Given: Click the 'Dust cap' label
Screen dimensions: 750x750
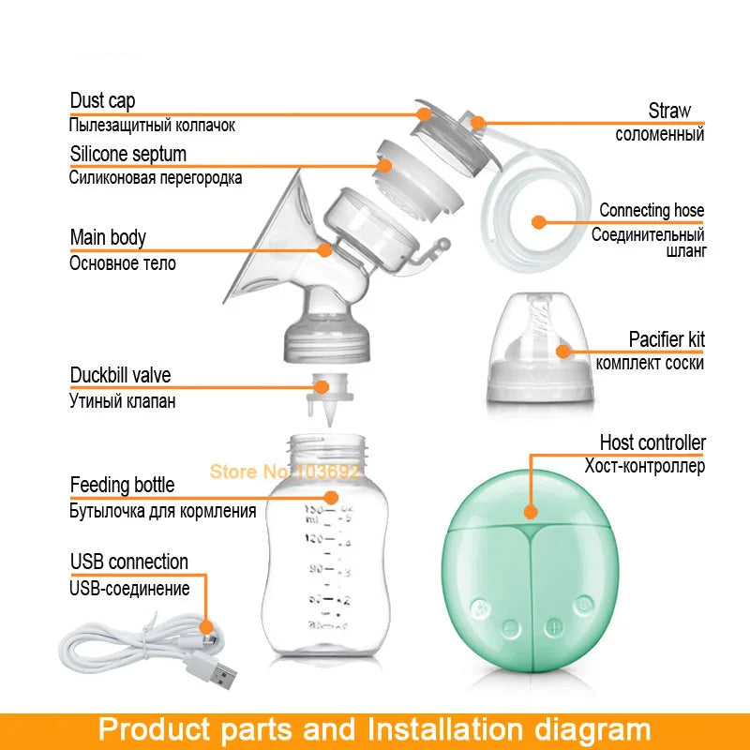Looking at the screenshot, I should (102, 101).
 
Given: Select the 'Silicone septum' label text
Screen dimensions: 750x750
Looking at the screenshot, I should (128, 154).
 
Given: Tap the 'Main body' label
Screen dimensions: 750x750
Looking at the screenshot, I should (108, 238).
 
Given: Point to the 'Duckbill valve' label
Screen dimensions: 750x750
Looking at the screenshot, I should (120, 376).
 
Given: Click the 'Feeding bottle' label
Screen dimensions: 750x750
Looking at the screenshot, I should (122, 485).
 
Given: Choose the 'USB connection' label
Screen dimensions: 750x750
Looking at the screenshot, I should (128, 562).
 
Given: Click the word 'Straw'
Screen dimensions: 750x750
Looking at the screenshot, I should (669, 111).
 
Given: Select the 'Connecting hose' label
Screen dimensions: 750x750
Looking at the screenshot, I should (652, 210).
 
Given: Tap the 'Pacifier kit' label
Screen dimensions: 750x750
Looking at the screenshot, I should (667, 339).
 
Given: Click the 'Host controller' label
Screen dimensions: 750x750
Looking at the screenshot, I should (652, 442).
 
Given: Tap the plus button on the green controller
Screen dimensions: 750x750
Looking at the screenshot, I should (554, 626).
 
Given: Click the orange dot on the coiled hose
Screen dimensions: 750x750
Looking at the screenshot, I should (538, 222).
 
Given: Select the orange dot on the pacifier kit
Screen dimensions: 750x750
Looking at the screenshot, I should (562, 352).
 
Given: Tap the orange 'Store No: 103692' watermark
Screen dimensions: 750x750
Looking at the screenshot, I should (284, 472).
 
